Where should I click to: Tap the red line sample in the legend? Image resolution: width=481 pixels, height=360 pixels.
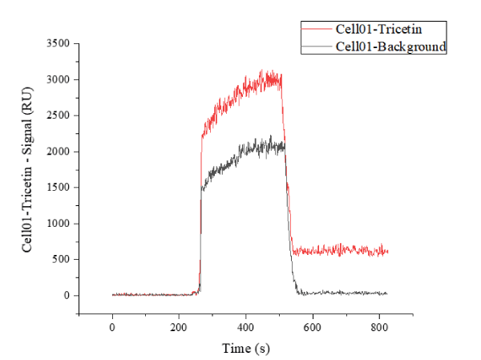point(317,30)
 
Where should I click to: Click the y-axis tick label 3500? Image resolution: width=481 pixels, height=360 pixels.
point(63,43)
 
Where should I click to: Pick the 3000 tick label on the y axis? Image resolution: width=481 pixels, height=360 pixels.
point(63,79)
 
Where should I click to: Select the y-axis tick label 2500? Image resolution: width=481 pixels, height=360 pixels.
point(63,115)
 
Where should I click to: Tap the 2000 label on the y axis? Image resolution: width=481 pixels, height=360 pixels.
point(63,152)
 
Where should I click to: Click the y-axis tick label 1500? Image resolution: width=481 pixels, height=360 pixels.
point(63,188)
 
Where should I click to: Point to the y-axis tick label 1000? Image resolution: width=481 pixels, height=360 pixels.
point(63,224)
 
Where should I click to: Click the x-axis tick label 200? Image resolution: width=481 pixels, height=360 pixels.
point(179,329)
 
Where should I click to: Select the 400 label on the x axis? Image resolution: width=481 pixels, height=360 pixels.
point(246,329)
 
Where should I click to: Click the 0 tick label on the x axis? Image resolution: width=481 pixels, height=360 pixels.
point(112,329)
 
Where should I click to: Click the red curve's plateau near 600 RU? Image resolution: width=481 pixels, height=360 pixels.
point(345,251)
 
